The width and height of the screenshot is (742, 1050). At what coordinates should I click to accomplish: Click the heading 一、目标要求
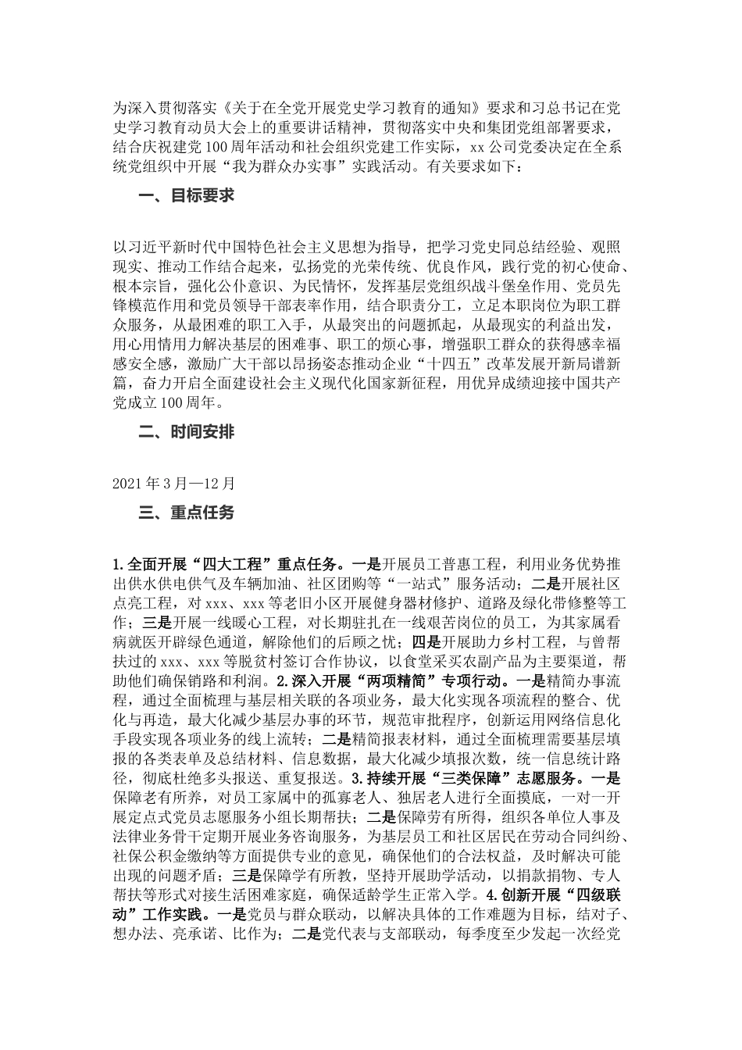click(x=187, y=196)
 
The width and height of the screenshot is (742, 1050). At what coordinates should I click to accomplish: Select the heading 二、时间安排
click(x=187, y=432)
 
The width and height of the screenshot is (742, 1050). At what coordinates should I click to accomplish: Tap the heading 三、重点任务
click(x=187, y=512)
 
